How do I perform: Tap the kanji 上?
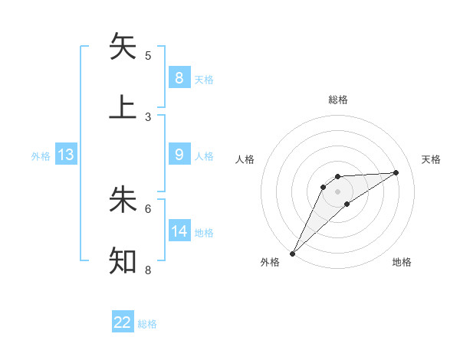[123, 107]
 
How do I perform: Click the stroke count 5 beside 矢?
[148, 55]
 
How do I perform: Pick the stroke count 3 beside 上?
[148, 116]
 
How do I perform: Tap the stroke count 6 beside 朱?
[148, 208]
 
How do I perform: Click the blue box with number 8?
[179, 78]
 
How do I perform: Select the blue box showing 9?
[179, 155]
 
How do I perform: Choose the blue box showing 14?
[179, 231]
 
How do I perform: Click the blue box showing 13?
[66, 155]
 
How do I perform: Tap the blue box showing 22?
[123, 322]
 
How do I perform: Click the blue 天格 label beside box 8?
[204, 79]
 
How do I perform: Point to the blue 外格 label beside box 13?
[41, 155]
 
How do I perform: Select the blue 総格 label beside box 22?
[147, 323]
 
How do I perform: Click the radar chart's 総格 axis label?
[337, 100]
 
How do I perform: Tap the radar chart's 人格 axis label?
[245, 159]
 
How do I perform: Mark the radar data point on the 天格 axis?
[396, 172]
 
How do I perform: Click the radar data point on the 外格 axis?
[292, 253]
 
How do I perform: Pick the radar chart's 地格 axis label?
[402, 262]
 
